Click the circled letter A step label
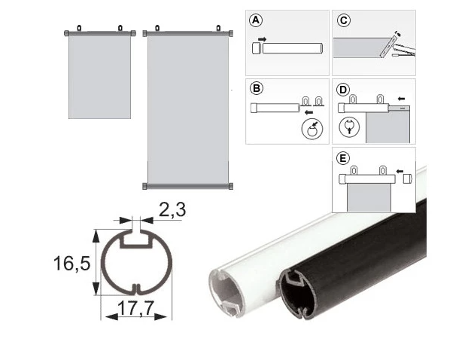(x=256, y=20)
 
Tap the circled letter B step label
(x=257, y=88)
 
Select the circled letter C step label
(x=344, y=20)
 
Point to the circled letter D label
(x=342, y=90)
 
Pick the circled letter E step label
(x=342, y=158)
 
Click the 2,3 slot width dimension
(x=172, y=209)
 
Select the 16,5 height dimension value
(x=72, y=263)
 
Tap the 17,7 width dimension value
(x=135, y=307)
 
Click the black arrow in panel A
(x=262, y=39)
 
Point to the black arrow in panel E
(x=400, y=171)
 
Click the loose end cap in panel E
(x=407, y=179)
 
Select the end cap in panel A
(x=257, y=48)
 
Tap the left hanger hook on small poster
(x=79, y=28)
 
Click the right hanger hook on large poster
(x=218, y=29)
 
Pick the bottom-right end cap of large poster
(x=230, y=187)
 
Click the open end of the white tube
(x=226, y=292)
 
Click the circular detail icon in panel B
(x=312, y=130)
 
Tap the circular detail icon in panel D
(x=349, y=127)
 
